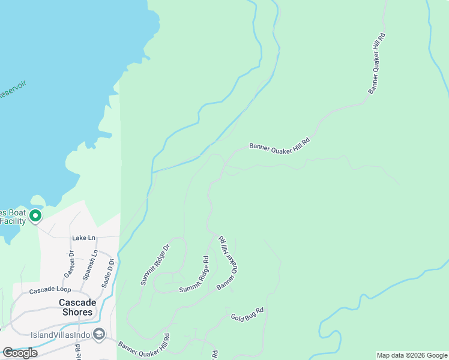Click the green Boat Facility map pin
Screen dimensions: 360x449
tap(35, 215)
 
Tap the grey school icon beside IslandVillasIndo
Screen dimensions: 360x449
tap(99, 334)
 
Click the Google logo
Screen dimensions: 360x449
tap(20, 353)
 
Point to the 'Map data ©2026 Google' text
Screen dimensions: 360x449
tap(412, 356)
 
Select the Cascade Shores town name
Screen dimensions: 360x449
tap(76, 307)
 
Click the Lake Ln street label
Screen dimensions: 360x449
tap(83, 238)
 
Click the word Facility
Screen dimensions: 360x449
tap(13, 221)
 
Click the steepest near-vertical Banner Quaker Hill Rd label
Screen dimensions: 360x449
tap(376, 63)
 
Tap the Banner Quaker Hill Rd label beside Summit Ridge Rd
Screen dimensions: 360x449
tap(228, 263)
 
